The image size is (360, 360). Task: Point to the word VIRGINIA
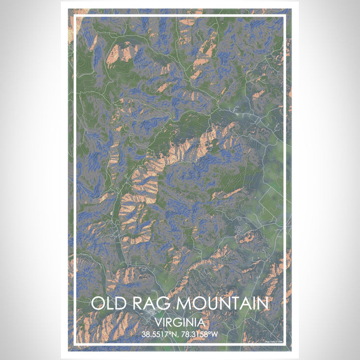tap(179, 322)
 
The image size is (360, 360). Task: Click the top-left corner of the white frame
tap(76, 17)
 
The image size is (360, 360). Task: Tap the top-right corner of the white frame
tap(284, 17)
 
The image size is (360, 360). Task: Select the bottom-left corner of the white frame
tap(76, 343)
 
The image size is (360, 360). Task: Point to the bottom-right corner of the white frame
tap(284, 343)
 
